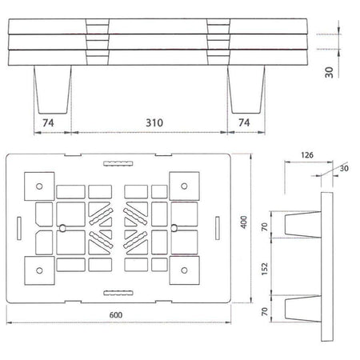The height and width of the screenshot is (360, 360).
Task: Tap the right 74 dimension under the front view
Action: pyautogui.click(x=246, y=122)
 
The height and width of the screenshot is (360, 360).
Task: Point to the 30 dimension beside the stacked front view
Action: pyautogui.click(x=329, y=71)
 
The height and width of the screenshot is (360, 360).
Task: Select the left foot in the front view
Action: pyautogui.click(x=52, y=90)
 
